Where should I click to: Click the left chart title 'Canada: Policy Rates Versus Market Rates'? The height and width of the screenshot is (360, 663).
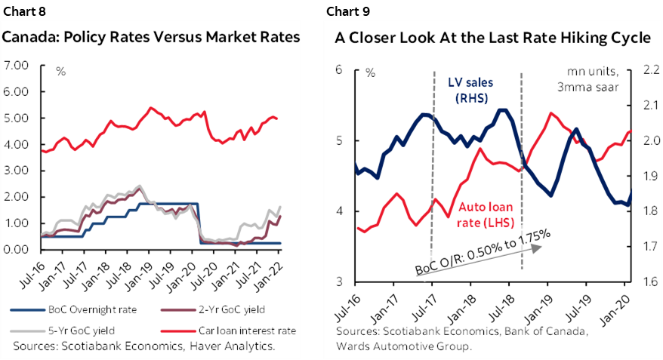point(152,37)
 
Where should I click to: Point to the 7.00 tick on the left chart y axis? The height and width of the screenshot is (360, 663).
point(16,66)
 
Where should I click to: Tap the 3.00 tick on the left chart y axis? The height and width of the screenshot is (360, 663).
point(16,171)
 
